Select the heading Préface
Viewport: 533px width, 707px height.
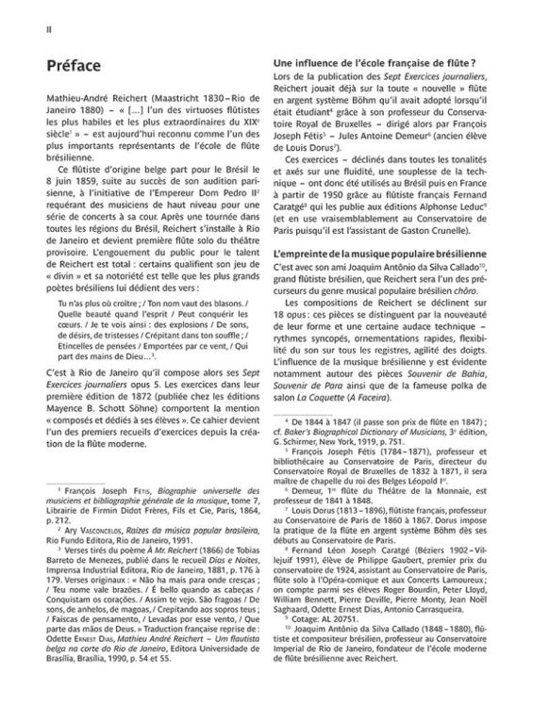click(74, 67)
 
